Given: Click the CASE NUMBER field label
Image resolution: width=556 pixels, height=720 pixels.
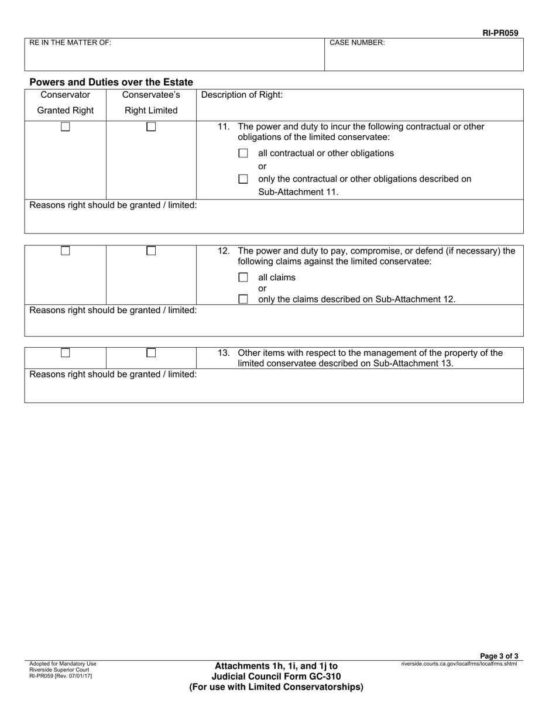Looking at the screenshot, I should click(357, 43).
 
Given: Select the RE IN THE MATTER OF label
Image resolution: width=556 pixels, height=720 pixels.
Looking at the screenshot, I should click(70, 43).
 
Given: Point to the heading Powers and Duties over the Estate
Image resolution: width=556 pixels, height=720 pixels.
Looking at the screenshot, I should click(111, 82).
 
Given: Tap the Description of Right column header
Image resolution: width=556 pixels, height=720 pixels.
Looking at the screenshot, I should click(242, 95).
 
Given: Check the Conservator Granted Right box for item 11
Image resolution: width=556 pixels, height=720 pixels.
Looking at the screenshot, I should click(66, 126).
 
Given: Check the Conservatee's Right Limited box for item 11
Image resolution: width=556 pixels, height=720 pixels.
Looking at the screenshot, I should click(151, 126).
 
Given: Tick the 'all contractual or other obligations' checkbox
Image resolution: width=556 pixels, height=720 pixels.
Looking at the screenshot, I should click(243, 153).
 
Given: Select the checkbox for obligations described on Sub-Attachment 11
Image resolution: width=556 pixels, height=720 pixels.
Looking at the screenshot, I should click(243, 179).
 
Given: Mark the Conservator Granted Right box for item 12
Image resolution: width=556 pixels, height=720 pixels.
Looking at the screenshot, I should click(66, 251).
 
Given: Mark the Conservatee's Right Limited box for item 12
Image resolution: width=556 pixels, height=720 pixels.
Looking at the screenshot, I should click(151, 251).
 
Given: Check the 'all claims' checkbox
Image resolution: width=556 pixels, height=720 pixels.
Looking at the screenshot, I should click(243, 277).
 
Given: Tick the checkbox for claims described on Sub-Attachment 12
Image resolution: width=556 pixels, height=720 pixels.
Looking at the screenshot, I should click(243, 299).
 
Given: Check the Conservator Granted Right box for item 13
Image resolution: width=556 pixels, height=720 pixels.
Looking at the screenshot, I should click(66, 352).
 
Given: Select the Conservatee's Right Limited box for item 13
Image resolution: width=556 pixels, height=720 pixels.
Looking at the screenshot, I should click(151, 352).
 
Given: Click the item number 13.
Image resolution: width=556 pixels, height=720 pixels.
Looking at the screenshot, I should click(224, 353).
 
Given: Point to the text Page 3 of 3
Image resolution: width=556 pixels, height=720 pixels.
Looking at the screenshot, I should click(499, 656).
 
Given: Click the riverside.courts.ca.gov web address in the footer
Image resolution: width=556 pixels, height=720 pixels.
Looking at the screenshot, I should click(459, 664).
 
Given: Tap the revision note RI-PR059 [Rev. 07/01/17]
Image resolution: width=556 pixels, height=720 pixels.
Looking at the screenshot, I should click(60, 676).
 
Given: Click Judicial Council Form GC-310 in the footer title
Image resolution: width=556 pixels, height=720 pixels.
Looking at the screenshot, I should click(276, 677).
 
